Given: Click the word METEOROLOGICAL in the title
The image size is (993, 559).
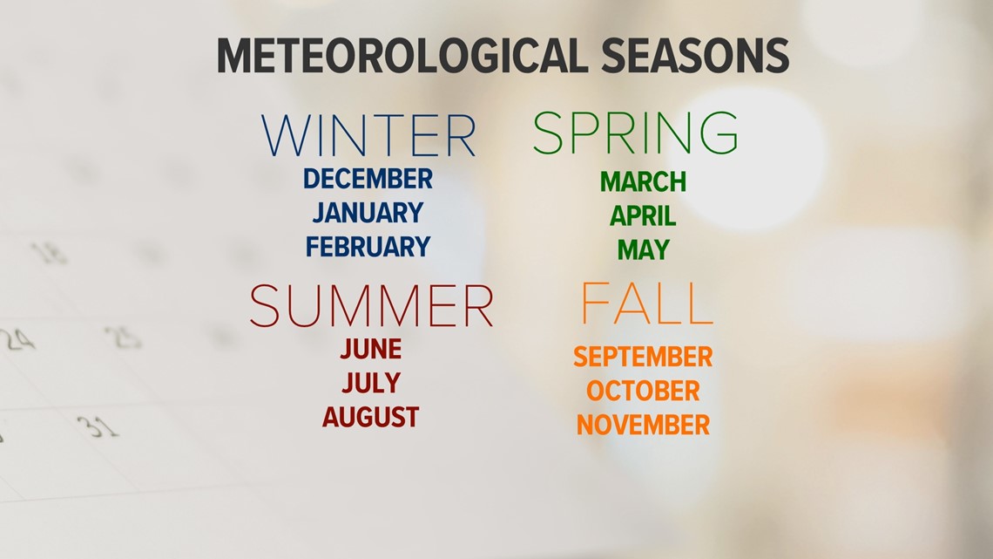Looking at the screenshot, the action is pos(402,56).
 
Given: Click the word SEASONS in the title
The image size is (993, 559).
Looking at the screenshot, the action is pos(695,56).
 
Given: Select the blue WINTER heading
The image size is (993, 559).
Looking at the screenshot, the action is pos(368,136).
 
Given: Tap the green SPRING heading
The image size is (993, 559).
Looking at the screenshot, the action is pos(635,133).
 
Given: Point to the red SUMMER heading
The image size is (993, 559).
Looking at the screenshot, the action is pos(371,305).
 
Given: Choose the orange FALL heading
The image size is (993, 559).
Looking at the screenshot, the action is pos(646,303).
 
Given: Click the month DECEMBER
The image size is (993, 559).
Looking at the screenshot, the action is pos(368,179).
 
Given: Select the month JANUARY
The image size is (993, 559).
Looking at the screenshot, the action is pos(368,212).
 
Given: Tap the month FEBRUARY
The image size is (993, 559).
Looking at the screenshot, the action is pos(368,247).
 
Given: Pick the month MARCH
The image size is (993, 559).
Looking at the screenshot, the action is pos(643,182).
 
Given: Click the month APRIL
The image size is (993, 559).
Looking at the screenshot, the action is pos(643,216).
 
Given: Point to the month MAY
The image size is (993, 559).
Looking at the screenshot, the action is pos(644,250).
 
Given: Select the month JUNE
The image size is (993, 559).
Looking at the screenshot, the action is pos(371,349).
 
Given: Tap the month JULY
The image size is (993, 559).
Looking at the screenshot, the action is pos(371,383).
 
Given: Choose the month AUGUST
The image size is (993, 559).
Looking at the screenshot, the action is pos(371,417).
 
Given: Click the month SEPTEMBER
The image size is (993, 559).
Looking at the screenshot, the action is pos(643,357).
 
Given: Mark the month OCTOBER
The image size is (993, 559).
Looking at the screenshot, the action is pos(643,391).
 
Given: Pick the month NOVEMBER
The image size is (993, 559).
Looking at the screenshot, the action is pos(643,425).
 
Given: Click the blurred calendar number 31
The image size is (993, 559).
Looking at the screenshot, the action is pos(98,426).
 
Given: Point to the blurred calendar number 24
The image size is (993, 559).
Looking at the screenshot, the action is pos(17,340).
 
